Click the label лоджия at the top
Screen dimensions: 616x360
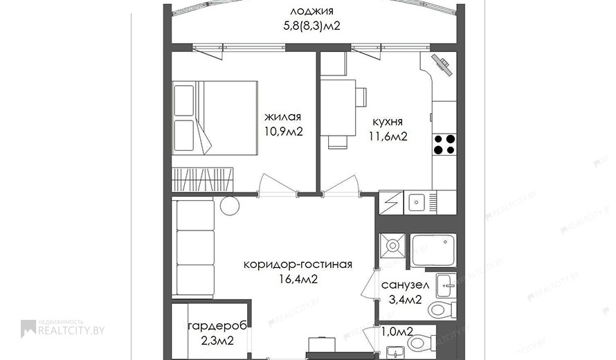pos(312,11)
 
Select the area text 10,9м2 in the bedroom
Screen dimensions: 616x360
pos(284,132)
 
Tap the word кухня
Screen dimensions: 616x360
pos(388,122)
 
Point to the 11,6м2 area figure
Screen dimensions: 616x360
pos(388,136)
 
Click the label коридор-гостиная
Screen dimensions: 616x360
pos(298,264)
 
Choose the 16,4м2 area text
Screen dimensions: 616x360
pos(298,279)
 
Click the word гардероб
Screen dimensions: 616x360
pos(217,326)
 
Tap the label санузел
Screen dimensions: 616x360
pos(405,285)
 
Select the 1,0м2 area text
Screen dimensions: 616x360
pos(397,332)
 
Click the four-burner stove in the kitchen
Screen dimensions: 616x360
pos(444,144)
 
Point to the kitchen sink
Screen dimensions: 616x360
pos(416,202)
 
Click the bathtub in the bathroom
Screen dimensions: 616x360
pos(433,249)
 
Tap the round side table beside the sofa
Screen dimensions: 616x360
pos(229,205)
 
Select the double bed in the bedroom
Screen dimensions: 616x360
pos(215,118)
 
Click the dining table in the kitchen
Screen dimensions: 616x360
pos(338,108)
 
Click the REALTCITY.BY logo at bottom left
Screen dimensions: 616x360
pos(63,328)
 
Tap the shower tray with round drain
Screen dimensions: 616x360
pos(392,246)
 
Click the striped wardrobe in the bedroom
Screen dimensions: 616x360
pos(202,179)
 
